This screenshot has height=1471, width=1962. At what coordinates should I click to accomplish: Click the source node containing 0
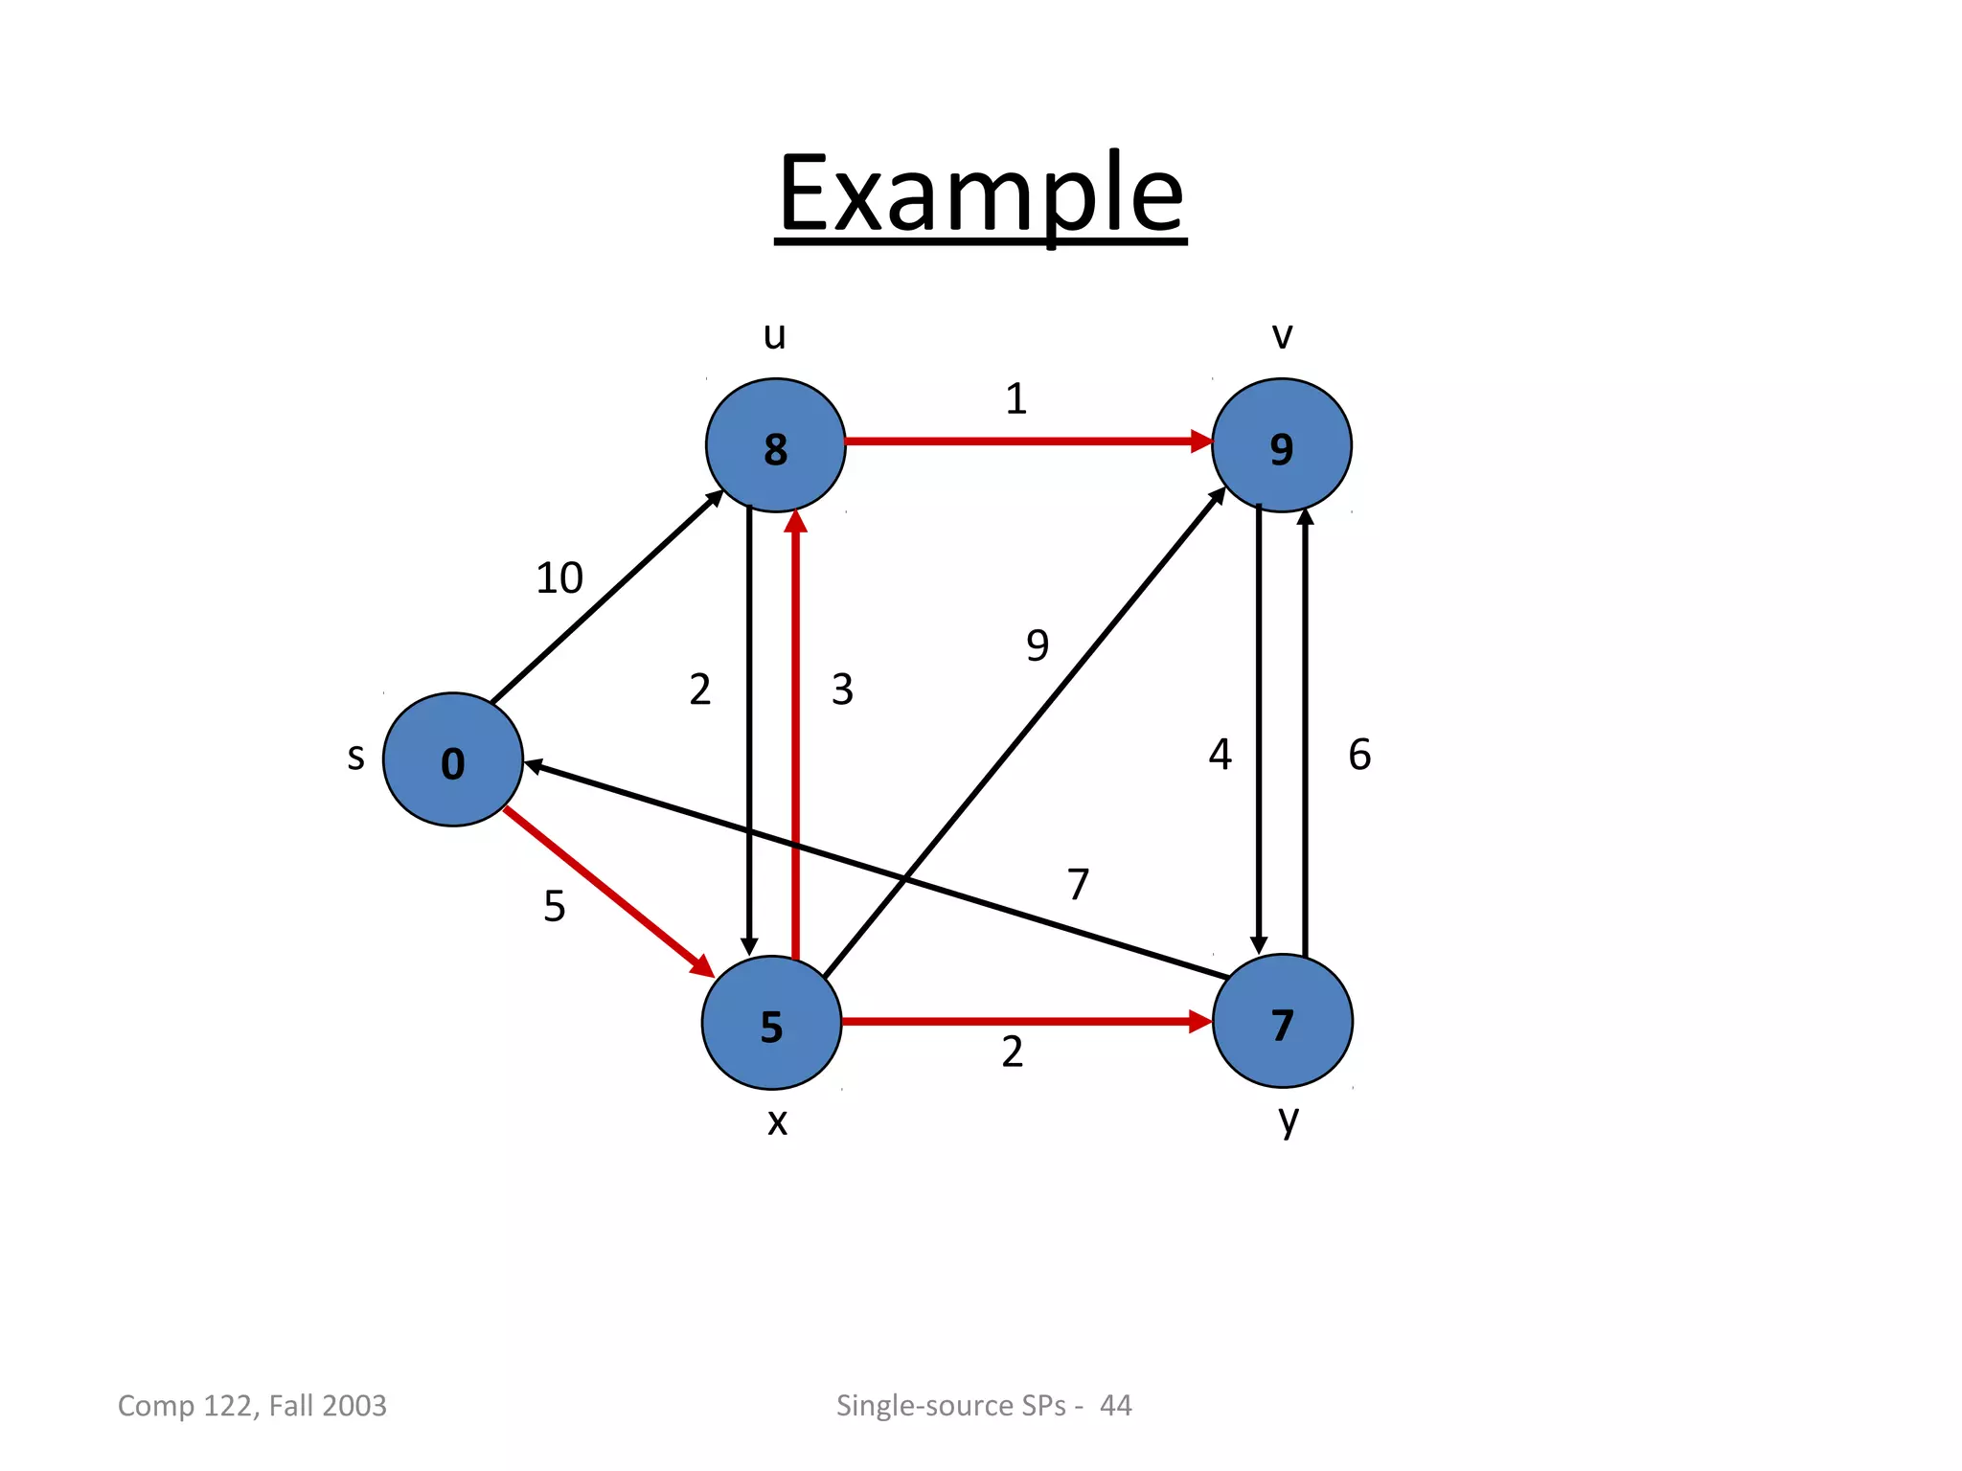tap(452, 759)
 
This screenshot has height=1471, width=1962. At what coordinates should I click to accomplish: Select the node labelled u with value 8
tap(775, 445)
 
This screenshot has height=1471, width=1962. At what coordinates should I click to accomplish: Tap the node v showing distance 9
tap(1281, 445)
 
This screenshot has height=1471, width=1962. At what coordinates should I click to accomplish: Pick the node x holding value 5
tap(771, 1023)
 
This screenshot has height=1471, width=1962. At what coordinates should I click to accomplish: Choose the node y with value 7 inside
tap(1282, 1022)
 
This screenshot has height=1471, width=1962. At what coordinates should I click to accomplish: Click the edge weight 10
tap(559, 578)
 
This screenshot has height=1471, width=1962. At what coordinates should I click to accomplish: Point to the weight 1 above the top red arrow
tap(1015, 398)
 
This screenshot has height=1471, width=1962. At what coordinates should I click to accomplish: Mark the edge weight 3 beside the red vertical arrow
tap(842, 690)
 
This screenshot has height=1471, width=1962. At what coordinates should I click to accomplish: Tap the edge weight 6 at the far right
tap(1359, 755)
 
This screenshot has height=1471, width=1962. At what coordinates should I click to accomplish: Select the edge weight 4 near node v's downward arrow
tap(1220, 755)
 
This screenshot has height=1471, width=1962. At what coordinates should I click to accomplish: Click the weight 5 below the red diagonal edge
tap(555, 906)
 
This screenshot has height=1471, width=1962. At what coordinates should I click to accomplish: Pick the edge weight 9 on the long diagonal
tap(1038, 645)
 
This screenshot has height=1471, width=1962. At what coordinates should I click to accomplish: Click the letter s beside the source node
tap(355, 757)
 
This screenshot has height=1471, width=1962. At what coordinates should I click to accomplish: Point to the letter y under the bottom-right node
tap(1289, 1119)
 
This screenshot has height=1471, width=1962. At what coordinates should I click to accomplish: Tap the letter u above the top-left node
tap(774, 335)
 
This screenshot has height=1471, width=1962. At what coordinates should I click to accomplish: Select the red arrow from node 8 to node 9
tap(1025, 441)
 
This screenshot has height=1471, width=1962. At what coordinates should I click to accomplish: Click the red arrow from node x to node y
tap(1025, 1022)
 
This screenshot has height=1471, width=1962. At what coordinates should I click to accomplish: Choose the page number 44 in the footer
tap(1115, 1405)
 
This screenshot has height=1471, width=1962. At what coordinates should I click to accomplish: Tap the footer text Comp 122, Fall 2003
tap(252, 1405)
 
